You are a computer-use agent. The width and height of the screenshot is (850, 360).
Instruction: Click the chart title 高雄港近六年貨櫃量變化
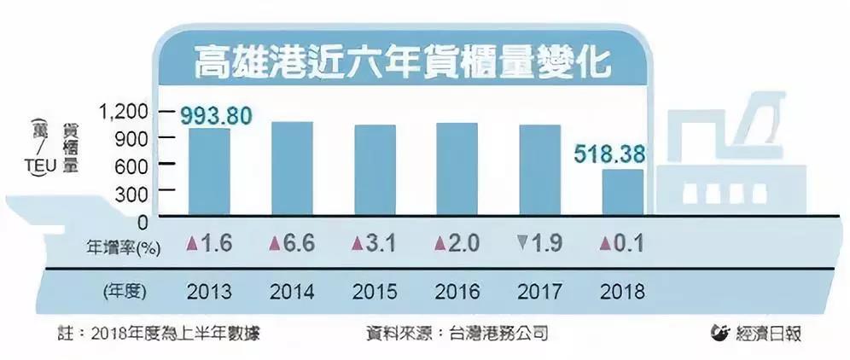(x=404, y=60)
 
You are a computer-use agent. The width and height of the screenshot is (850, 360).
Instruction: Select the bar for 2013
(x=209, y=171)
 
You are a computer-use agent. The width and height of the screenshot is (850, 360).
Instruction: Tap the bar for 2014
(x=292, y=168)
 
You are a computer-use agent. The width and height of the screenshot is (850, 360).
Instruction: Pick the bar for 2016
(x=457, y=169)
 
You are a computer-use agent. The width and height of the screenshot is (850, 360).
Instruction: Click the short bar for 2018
(x=623, y=192)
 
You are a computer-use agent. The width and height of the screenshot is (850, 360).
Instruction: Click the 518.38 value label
(x=608, y=154)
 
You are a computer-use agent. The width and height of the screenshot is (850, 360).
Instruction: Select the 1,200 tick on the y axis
(x=124, y=111)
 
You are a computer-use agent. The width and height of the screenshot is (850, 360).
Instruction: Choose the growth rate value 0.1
(x=630, y=245)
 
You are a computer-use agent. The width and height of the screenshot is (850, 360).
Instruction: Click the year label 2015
(x=374, y=291)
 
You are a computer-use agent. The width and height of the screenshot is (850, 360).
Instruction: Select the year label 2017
(x=539, y=291)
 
